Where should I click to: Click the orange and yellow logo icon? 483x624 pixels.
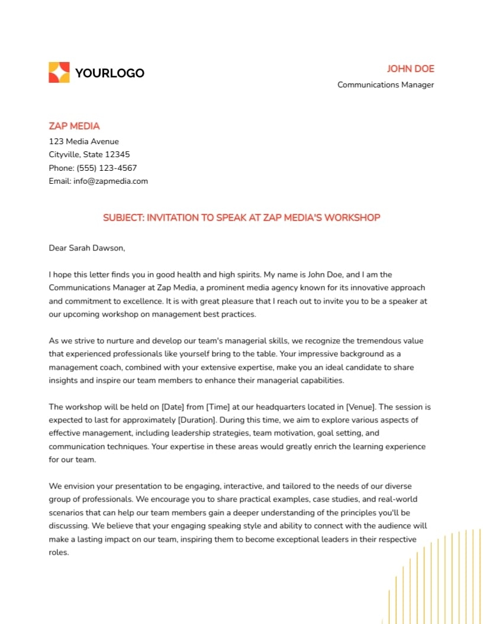59,73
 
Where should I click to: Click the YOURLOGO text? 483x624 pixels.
110,73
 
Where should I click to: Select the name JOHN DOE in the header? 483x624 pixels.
410,69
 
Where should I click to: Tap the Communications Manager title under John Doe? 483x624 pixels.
385,84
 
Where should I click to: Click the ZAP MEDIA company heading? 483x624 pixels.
74,126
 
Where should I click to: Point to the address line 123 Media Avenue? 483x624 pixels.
83,141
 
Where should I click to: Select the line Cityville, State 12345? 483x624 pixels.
89,155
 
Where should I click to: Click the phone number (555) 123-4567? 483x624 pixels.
107,168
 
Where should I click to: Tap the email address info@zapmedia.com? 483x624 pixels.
111,181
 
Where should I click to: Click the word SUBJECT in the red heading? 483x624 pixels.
123,217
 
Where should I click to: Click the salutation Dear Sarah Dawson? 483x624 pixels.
86,248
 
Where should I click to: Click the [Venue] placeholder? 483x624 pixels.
360,407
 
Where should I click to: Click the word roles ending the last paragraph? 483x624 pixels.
59,553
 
